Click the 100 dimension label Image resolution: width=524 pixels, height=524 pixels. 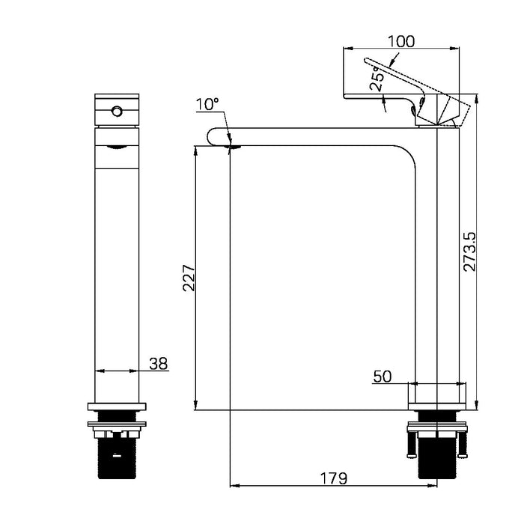tap(401, 41)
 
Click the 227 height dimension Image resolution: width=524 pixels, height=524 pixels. tap(189, 278)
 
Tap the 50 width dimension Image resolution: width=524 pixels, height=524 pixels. tap(383, 377)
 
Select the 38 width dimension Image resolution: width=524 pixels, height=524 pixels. tap(158, 364)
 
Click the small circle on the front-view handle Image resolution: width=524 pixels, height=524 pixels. tap(116, 112)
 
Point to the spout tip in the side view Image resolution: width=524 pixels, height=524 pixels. tap(216, 137)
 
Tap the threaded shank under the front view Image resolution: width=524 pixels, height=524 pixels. tap(117, 457)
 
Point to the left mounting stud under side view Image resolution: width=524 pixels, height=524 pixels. tap(410, 444)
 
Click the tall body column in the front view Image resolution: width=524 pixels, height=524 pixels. tap(117, 262)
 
